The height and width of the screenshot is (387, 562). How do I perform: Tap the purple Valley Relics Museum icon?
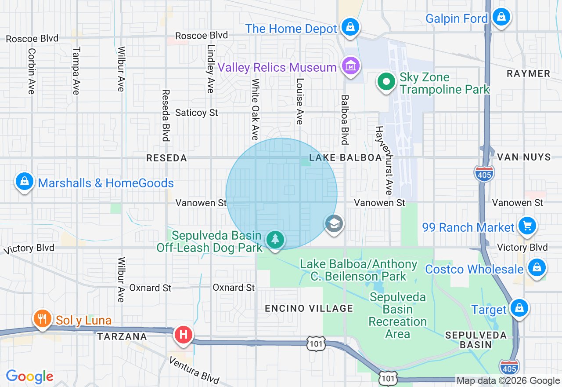[350, 66]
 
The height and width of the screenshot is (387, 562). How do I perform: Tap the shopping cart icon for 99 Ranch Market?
[527, 226]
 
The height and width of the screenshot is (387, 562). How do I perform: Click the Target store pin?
[519, 308]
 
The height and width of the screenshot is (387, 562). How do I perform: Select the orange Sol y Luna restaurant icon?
[42, 318]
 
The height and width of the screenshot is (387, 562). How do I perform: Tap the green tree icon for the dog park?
[275, 240]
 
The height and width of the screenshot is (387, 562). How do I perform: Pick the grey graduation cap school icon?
[334, 224]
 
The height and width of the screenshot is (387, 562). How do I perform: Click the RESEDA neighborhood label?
[166, 158]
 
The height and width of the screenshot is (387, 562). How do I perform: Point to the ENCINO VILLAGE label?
[309, 308]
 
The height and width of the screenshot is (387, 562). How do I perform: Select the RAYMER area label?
[528, 73]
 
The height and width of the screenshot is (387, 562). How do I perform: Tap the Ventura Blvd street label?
[194, 369]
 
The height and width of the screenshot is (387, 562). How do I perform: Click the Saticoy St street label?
[196, 113]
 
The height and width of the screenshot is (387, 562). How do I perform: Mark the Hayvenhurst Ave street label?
[383, 161]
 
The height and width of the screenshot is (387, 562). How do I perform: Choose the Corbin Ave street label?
[31, 71]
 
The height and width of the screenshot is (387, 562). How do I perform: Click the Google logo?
[29, 376]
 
